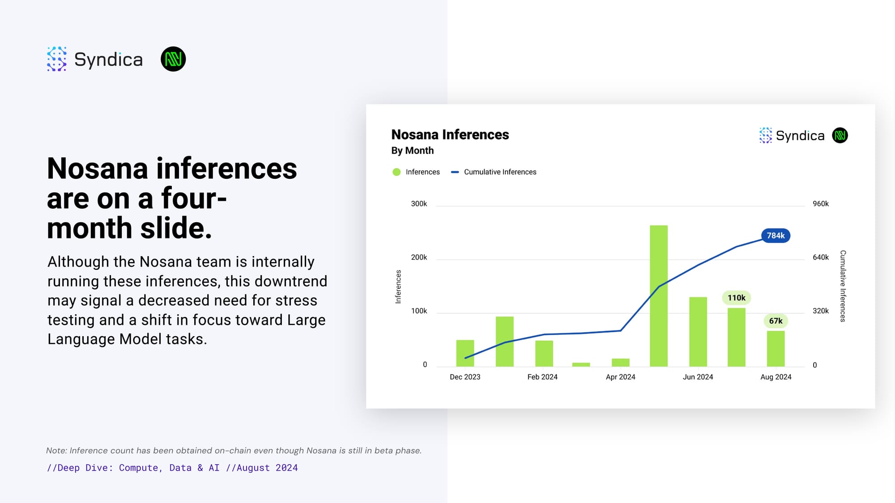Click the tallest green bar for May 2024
tap(659, 296)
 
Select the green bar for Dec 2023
tap(465, 353)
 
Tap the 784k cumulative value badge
tap(776, 236)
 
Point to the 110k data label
tap(737, 298)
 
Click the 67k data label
tap(776, 321)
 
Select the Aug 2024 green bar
tap(776, 349)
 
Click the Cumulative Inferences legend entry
tap(494, 172)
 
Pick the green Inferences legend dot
tap(396, 172)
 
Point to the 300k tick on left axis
tap(419, 204)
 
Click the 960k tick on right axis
tap(821, 204)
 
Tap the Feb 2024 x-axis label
tap(542, 377)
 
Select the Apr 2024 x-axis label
tap(620, 377)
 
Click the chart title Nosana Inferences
tap(450, 135)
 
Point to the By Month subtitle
tap(413, 151)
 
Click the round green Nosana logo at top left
tap(173, 59)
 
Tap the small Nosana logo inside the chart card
tap(840, 135)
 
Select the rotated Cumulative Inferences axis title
tap(843, 286)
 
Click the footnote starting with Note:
tap(234, 451)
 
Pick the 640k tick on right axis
tap(821, 258)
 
